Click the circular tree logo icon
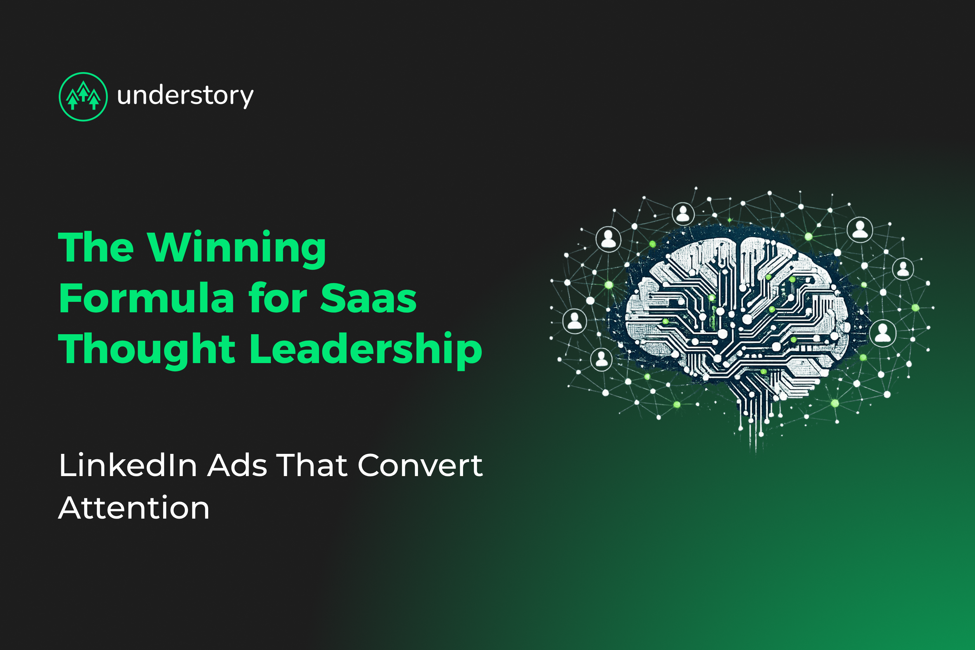(x=83, y=96)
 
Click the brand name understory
(x=185, y=96)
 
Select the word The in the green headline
(x=96, y=248)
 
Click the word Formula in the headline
(x=147, y=298)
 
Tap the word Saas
(x=368, y=298)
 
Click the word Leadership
(x=366, y=349)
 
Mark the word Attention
(x=134, y=508)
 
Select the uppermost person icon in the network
(x=683, y=214)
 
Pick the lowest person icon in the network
(x=601, y=359)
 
